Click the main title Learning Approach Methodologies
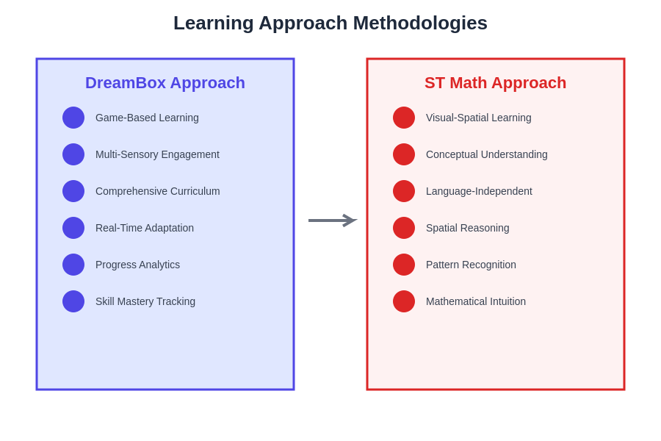click(x=330, y=24)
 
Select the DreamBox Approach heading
click(x=165, y=83)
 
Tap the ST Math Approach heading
click(x=495, y=83)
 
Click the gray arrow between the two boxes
click(x=333, y=220)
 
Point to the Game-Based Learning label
click(x=147, y=118)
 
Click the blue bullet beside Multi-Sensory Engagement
click(x=73, y=154)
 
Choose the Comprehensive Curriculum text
click(x=158, y=191)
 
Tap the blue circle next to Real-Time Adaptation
click(x=73, y=228)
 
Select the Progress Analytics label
click(x=138, y=265)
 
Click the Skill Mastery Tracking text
click(x=145, y=301)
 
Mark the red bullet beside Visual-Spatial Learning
click(x=404, y=118)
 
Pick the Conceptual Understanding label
click(x=487, y=154)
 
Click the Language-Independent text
click(x=480, y=191)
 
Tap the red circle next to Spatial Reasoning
click(x=404, y=228)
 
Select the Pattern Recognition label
click(x=472, y=265)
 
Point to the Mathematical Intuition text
click(x=476, y=301)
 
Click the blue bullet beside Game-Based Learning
click(x=73, y=118)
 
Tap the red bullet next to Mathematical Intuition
click(x=404, y=301)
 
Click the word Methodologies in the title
click(x=420, y=24)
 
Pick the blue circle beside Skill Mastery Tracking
click(x=73, y=301)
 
